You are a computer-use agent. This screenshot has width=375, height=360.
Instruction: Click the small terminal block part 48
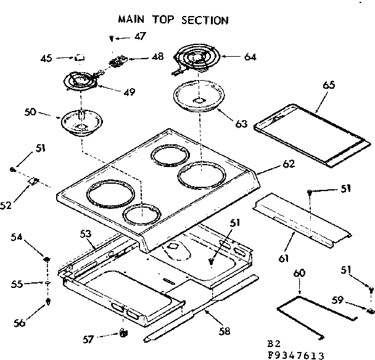[117, 61]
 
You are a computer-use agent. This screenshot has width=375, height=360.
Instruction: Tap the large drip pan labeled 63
[199, 97]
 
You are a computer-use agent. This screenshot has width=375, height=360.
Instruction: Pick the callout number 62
[288, 164]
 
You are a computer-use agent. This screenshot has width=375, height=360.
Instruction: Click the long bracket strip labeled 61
[303, 221]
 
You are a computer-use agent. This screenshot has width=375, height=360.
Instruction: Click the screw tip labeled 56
[48, 302]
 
